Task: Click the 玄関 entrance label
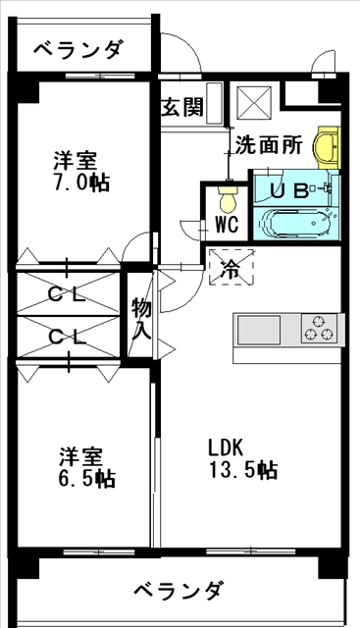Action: point(182,107)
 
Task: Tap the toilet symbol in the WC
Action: point(228,198)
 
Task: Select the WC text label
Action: point(227,225)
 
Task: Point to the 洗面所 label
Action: point(269,145)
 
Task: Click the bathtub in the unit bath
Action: point(296,223)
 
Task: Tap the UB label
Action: point(289,191)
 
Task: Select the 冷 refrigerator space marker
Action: point(231,268)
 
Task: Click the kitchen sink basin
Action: point(259,330)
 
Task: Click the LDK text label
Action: point(226,447)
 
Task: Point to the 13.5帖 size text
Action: point(243,469)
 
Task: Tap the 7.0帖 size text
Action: point(80,183)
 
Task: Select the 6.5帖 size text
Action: point(87,479)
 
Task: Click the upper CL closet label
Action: point(67,296)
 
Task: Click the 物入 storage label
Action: point(141,319)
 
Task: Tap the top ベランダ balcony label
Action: point(77,51)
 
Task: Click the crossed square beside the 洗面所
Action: point(254,102)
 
